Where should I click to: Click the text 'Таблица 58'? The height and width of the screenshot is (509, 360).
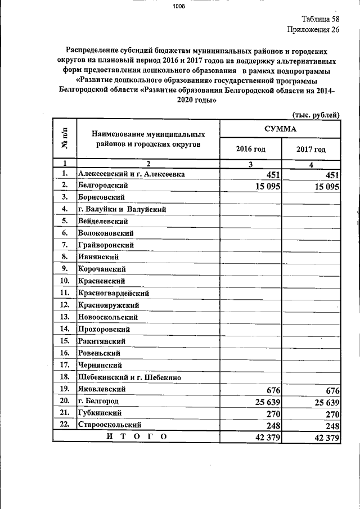click(x=318, y=19)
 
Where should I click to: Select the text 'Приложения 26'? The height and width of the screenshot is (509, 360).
click(x=313, y=30)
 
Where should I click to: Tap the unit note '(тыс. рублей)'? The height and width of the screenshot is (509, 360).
click(x=316, y=115)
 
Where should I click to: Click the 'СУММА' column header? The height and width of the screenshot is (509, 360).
click(x=280, y=129)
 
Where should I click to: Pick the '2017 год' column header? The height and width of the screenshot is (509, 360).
click(x=311, y=150)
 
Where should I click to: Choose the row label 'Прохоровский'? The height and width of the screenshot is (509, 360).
click(x=104, y=329)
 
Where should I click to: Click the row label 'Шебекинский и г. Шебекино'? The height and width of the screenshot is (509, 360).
click(x=129, y=377)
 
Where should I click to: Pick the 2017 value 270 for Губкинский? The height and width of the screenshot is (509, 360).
click(x=330, y=413)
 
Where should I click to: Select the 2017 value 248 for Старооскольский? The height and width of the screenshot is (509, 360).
click(x=330, y=425)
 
